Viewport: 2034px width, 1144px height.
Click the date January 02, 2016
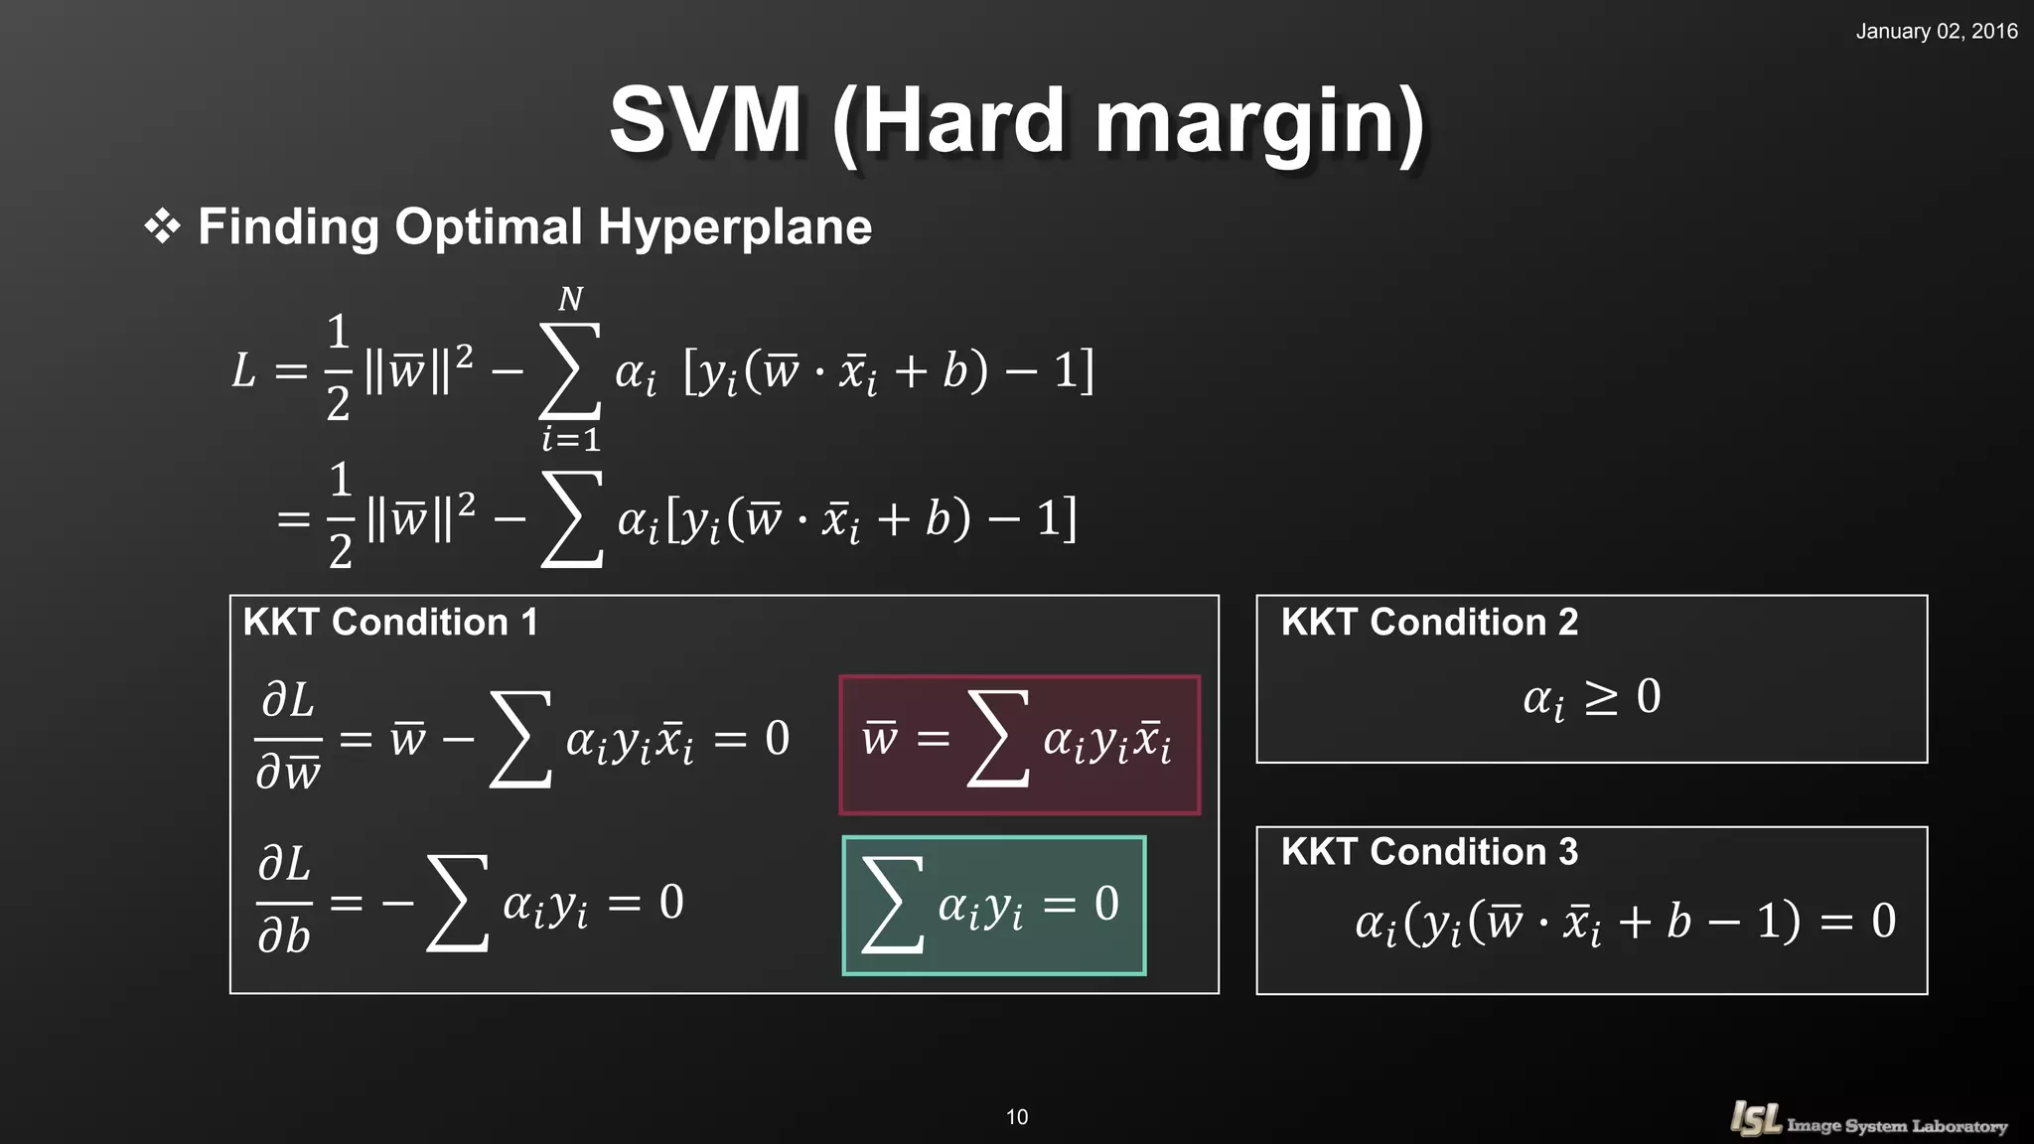pyautogui.click(x=1936, y=31)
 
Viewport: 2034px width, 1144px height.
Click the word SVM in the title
pyautogui.click(x=705, y=120)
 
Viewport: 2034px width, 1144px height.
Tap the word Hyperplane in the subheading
pyautogui.click(x=734, y=226)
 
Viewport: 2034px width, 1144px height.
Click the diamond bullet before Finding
pyautogui.click(x=162, y=226)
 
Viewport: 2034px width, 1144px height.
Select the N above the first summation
pyautogui.click(x=570, y=299)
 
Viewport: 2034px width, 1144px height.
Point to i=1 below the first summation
pyautogui.click(x=571, y=438)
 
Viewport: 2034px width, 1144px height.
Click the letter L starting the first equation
pyautogui.click(x=243, y=371)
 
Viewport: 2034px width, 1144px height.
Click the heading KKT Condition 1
pyautogui.click(x=390, y=622)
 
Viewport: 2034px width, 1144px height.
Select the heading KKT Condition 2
pyautogui.click(x=1428, y=622)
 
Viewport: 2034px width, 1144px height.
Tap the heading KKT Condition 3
pyautogui.click(x=1428, y=851)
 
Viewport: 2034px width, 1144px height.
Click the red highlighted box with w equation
pyautogui.click(x=1019, y=745)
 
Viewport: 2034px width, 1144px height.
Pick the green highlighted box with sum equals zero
pyautogui.click(x=993, y=905)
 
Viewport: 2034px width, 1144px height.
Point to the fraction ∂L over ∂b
pyautogui.click(x=284, y=901)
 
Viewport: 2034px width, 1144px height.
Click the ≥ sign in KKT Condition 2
pyautogui.click(x=1600, y=697)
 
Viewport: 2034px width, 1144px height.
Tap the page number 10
pyautogui.click(x=1017, y=1117)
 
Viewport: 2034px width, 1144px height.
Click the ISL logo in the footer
pyautogui.click(x=1756, y=1119)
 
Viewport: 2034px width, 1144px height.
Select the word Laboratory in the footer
pyautogui.click(x=1959, y=1126)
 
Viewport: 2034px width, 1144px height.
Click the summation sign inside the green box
pyautogui.click(x=891, y=905)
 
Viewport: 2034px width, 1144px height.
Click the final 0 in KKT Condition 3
pyautogui.click(x=1883, y=921)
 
